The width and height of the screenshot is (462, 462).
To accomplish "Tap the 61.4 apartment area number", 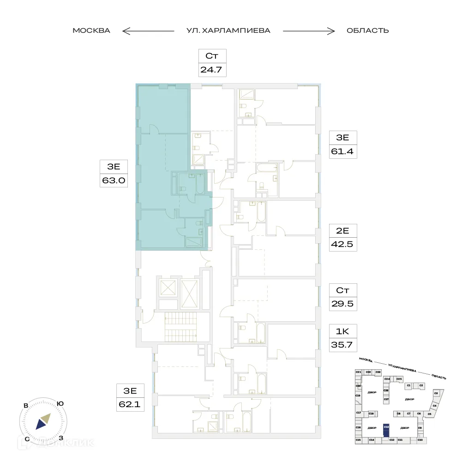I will click(342, 151).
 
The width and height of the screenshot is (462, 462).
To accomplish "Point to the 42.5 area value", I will click(342, 244).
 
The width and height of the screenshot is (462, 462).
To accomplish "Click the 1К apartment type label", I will click(342, 330).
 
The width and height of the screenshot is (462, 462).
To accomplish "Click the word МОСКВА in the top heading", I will click(91, 31).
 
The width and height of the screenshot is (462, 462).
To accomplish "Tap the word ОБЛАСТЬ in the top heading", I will click(367, 31).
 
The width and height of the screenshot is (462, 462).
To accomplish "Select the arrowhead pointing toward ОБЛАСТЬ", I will click(333, 31).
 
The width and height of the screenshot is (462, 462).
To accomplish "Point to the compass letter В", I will click(27, 406).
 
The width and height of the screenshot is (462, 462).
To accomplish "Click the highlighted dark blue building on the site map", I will click(386, 430).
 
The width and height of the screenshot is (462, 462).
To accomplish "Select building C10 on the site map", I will click(420, 440).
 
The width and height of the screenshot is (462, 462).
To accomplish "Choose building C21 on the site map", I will click(358, 372).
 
